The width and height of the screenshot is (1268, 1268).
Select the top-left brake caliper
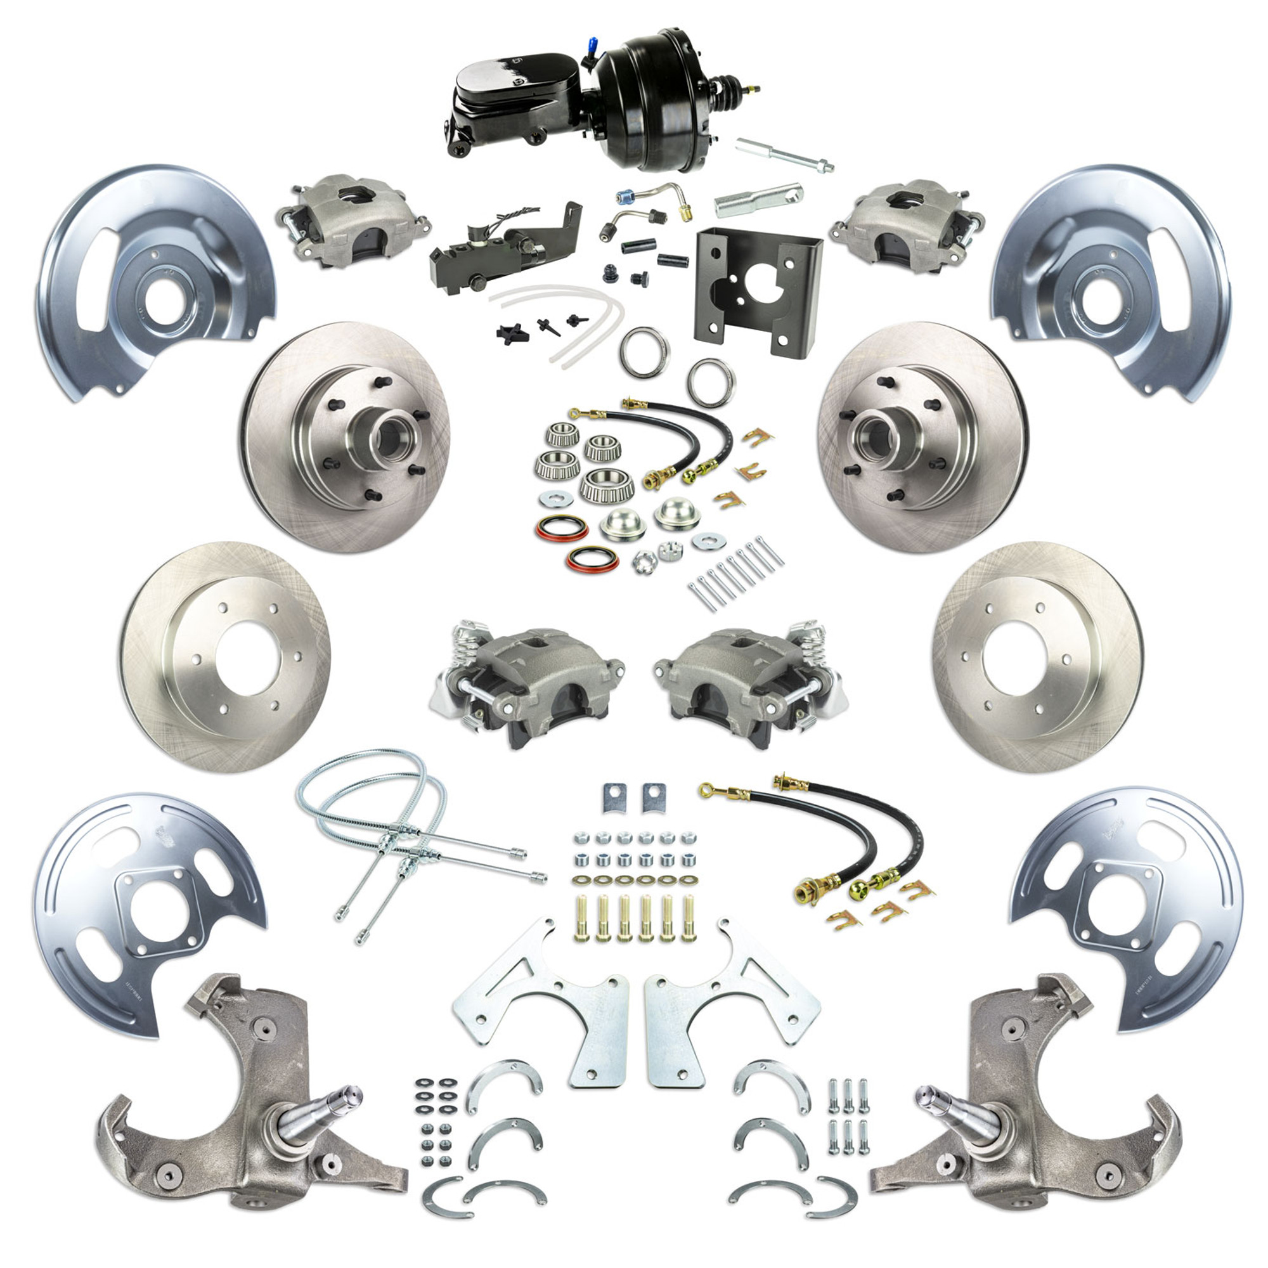[x=354, y=223]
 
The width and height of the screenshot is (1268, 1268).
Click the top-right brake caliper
[x=906, y=223]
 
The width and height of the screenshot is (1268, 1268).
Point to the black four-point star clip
[x=510, y=332]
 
